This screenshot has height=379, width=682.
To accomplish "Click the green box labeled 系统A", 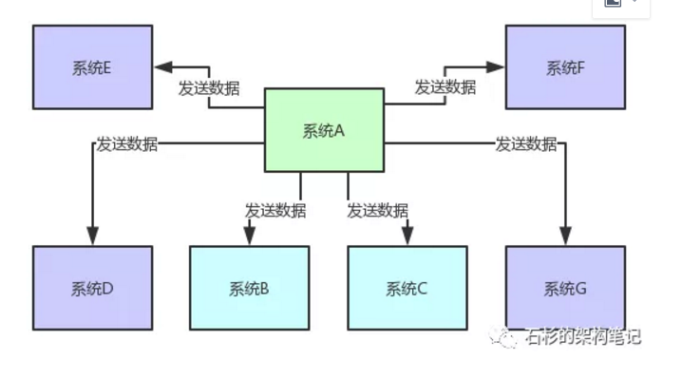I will coord(324,131).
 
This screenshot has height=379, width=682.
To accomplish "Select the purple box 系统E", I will coord(92,67).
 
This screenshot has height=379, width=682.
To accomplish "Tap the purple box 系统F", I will coord(565,67).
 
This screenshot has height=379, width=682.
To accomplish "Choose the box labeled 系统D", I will coord(92,288).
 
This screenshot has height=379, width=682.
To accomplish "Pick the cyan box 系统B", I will coord(249,288).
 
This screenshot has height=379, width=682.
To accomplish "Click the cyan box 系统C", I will coord(407,288).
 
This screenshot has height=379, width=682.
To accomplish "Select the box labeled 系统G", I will coord(565,288).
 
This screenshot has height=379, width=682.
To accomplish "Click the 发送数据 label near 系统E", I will coord(209,88).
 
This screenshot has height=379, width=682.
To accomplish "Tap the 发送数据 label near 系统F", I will coord(445,86).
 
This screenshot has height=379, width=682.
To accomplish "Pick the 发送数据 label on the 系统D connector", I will coord(126,144).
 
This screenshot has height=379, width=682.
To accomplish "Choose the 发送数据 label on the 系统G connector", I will coord(525,144).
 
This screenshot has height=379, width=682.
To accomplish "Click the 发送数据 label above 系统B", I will coord(275,210).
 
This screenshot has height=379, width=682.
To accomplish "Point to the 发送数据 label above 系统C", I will coord(377,210).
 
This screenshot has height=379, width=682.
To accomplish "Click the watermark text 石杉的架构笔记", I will coord(581,336).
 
